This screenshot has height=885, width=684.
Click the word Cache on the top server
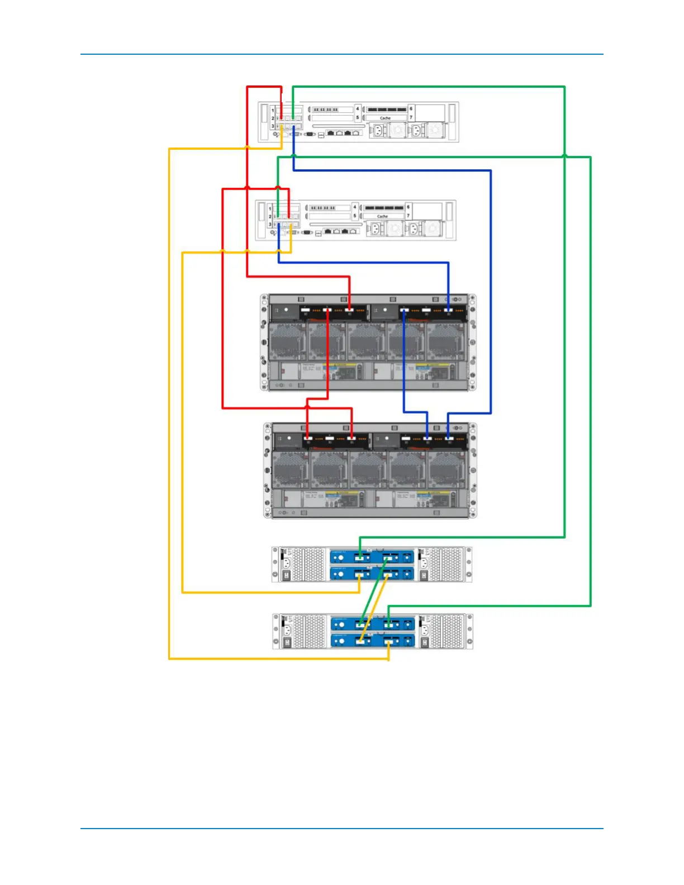pos(385,118)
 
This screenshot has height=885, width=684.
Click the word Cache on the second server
pos(382,216)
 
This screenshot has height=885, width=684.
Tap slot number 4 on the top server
pos(358,109)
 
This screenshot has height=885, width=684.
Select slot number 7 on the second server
pos(408,216)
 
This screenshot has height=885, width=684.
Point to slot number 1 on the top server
pos(273,110)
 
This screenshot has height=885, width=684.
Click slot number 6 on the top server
pos(411,109)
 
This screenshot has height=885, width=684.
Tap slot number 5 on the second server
pos(354,216)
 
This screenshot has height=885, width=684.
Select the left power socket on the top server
pos(377,131)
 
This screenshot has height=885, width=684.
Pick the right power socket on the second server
pos(414,229)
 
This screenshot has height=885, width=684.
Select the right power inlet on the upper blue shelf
pos(424,563)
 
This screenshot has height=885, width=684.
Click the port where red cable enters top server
pos(282,118)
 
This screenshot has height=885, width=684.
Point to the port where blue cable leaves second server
pos(279,225)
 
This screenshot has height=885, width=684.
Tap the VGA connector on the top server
pos(309,135)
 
